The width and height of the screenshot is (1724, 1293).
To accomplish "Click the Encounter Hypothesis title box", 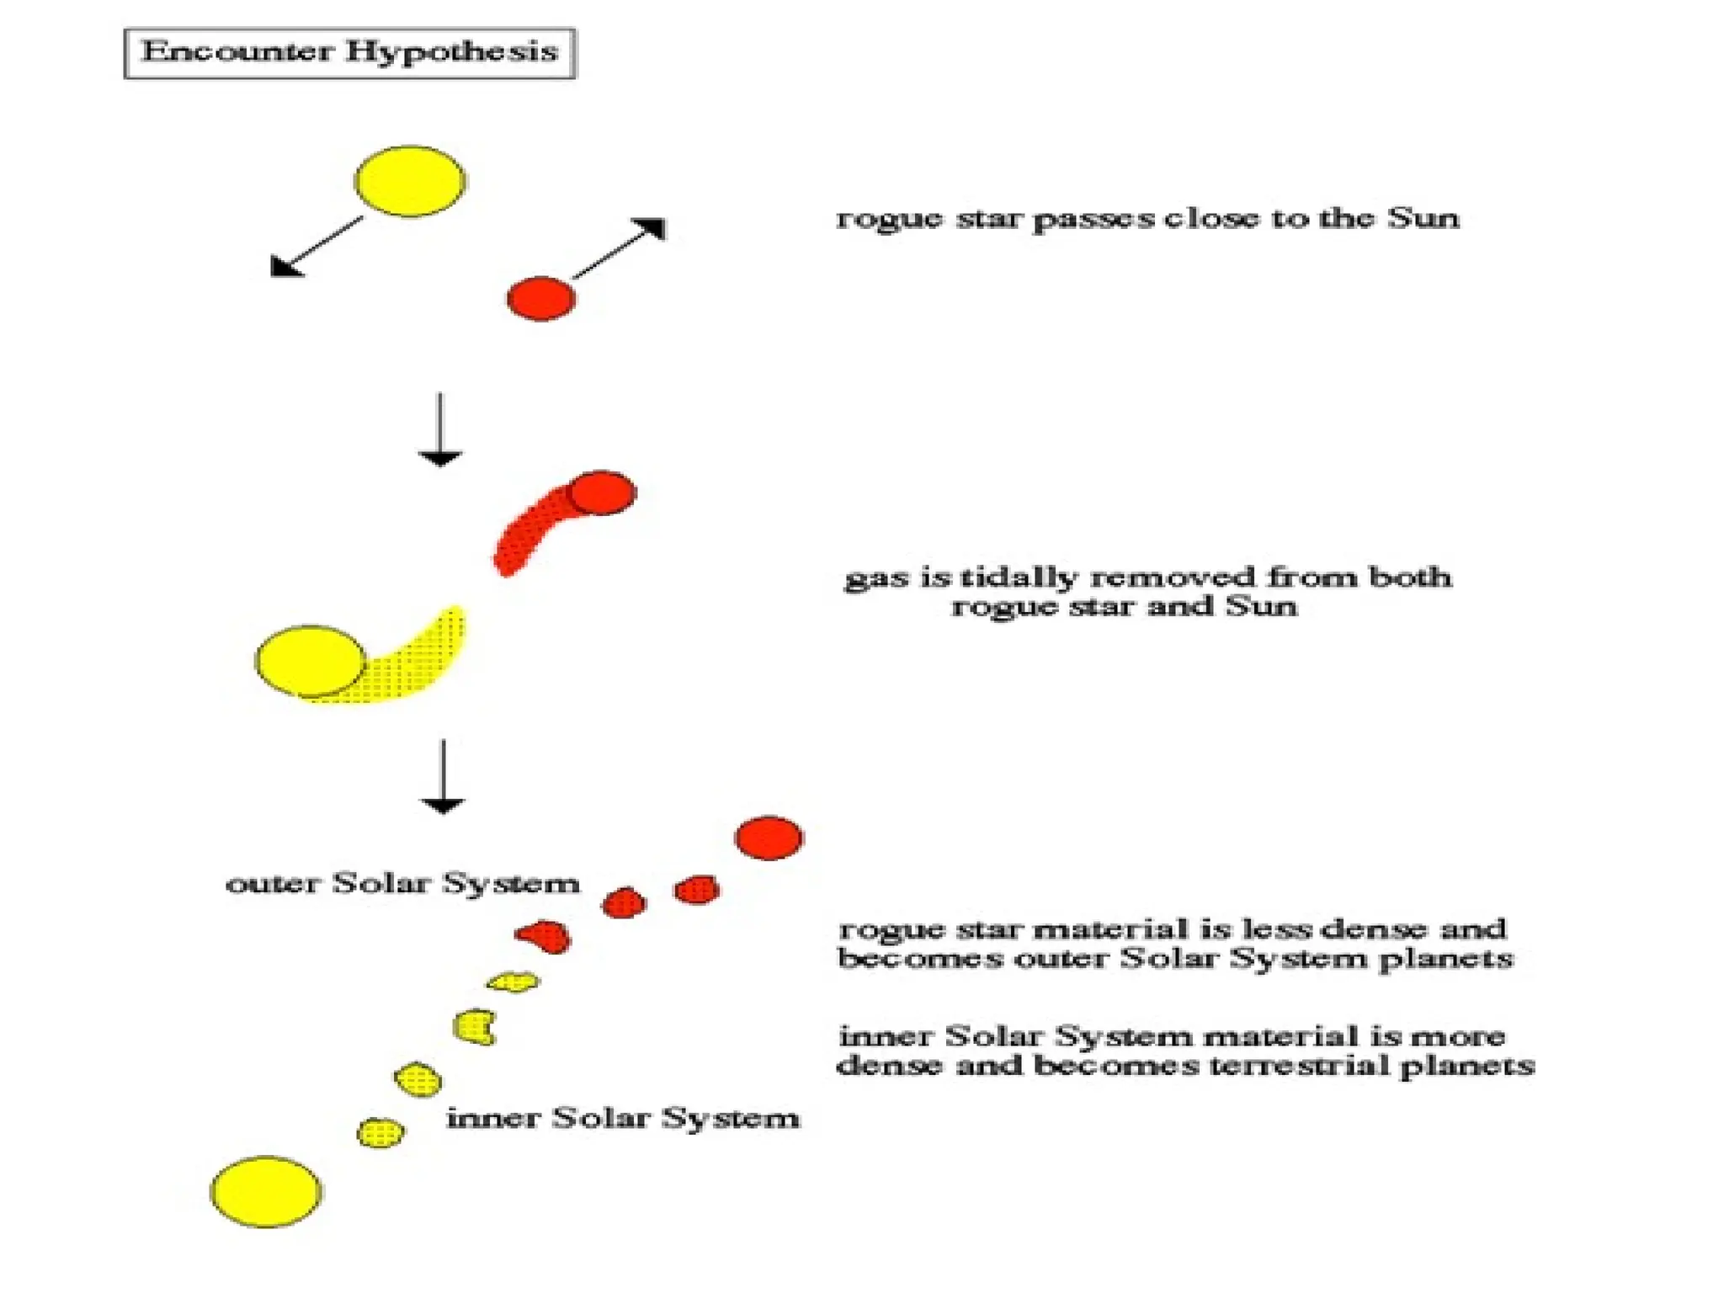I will tap(349, 53).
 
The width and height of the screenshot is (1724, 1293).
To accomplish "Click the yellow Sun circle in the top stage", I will tap(410, 181).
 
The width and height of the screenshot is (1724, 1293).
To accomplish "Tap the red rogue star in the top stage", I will tap(541, 298).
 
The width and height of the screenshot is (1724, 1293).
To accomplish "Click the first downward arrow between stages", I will tap(439, 429).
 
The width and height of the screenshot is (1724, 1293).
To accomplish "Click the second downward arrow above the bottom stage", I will tap(443, 776).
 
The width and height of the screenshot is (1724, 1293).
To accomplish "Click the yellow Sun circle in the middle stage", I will tap(310, 661).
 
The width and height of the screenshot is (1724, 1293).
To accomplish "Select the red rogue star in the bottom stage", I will tap(769, 838).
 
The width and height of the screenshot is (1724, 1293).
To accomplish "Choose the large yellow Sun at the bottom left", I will tap(265, 1191).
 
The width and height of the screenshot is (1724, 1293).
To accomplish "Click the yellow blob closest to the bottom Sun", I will tap(380, 1132).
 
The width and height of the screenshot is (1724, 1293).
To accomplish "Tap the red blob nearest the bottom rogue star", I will tap(697, 889).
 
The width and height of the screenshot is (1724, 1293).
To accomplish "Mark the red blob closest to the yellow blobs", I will tap(545, 935).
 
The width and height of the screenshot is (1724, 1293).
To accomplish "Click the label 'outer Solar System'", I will tap(402, 883).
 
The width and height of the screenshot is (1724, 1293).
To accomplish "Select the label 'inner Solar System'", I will tap(622, 1118).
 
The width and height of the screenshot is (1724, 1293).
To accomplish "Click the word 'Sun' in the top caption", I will tap(1423, 218).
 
